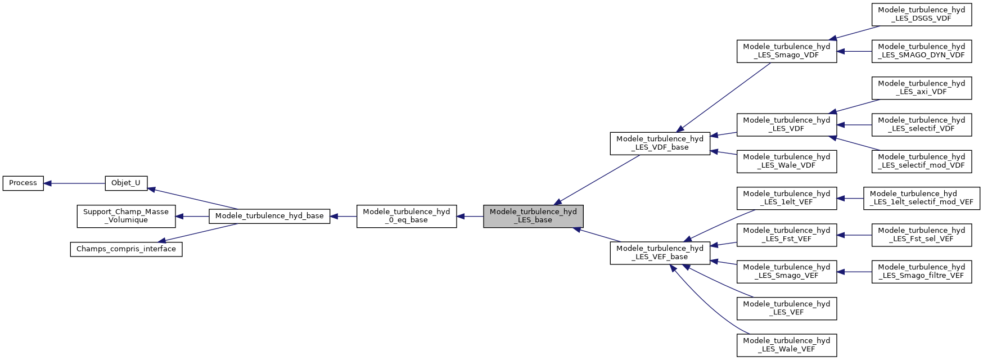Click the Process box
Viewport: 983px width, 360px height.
23,183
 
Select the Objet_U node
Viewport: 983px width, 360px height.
126,183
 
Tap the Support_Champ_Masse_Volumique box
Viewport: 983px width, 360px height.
126,216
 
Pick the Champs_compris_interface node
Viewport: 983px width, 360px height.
126,249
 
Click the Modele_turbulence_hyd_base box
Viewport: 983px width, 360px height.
269,216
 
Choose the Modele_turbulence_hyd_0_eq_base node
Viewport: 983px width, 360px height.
407,216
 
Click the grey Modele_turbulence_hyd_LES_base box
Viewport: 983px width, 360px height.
533,216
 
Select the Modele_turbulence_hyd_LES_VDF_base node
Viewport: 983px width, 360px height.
660,143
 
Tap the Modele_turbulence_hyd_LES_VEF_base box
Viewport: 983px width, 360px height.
660,253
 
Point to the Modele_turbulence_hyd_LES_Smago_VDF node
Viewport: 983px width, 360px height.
787,51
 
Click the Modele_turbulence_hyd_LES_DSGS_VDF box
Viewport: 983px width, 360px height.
922,15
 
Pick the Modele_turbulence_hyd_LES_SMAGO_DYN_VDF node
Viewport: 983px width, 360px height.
922,51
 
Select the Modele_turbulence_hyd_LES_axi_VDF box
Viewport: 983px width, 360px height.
922,88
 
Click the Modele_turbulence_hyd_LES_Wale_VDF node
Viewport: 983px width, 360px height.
787,161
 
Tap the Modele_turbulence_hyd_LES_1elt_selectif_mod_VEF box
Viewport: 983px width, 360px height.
922,198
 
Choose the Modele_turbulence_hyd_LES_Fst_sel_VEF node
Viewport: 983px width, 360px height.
922,235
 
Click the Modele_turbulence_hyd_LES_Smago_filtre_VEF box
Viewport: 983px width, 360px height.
922,272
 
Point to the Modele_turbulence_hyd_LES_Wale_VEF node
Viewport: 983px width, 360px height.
787,345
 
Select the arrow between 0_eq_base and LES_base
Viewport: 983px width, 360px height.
470,216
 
